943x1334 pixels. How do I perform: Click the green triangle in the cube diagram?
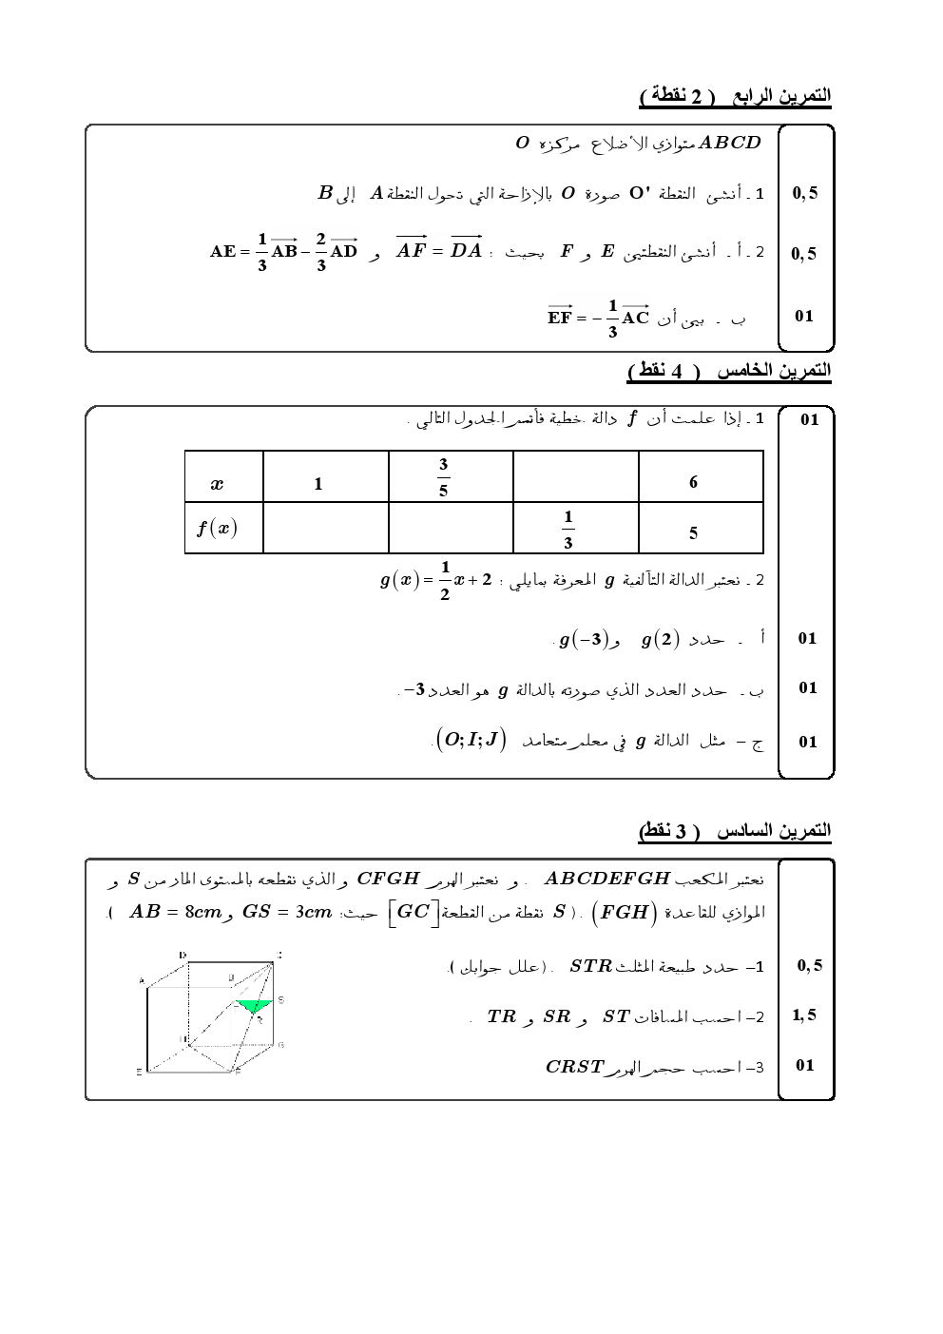click(255, 1004)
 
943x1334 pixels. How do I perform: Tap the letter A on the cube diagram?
click(142, 980)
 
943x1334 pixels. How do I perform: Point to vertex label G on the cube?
click(281, 1045)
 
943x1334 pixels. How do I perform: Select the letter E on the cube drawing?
click(140, 1072)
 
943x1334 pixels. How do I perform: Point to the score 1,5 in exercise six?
click(804, 1015)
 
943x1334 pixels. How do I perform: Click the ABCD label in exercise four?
click(730, 143)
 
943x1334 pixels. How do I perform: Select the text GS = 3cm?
click(287, 912)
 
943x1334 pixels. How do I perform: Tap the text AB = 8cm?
click(174, 912)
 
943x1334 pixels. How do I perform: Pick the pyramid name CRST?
click(574, 1066)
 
